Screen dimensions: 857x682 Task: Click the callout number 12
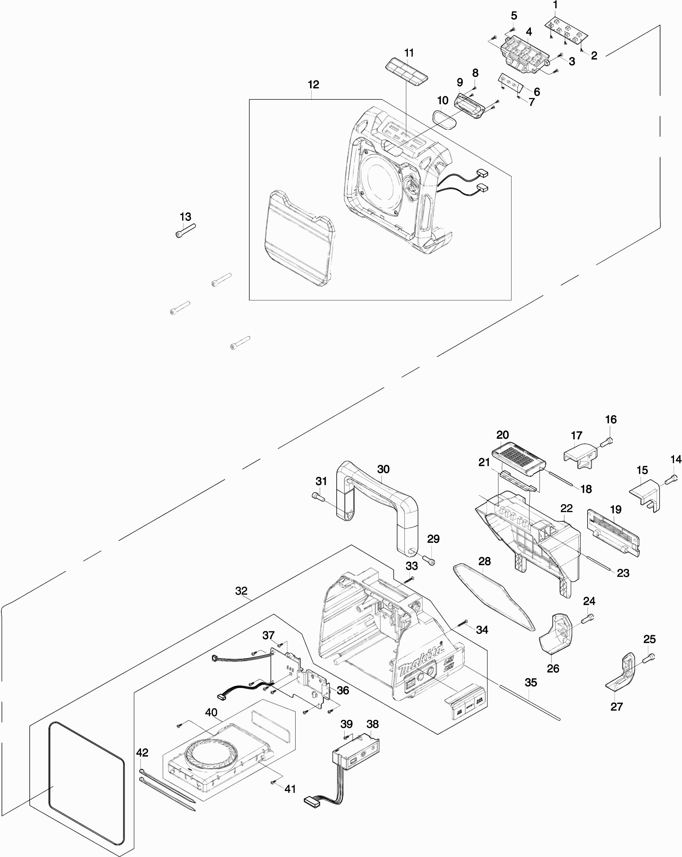point(313,85)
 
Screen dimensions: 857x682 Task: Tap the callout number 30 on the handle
point(383,469)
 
